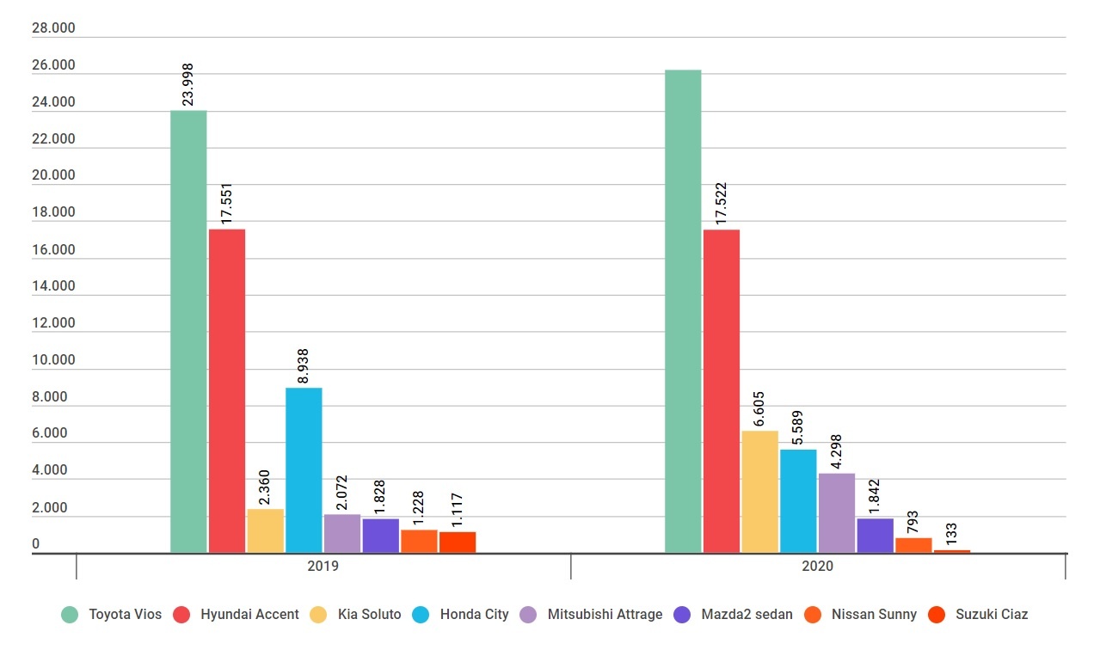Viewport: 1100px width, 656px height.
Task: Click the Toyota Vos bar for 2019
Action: click(x=188, y=331)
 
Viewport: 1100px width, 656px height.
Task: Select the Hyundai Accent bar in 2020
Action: click(x=721, y=391)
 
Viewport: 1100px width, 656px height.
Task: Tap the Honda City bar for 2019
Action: click(x=304, y=469)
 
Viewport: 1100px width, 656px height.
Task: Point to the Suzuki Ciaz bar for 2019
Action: click(x=458, y=543)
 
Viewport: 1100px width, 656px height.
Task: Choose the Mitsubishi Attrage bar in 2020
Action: click(x=837, y=513)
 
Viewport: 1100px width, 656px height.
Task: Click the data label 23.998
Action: click(x=187, y=84)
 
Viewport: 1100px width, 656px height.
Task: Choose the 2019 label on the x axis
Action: click(x=323, y=567)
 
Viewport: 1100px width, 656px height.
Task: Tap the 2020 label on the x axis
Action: click(x=817, y=567)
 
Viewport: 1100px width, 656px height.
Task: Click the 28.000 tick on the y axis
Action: click(x=53, y=28)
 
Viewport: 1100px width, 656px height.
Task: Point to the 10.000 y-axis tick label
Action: click(x=53, y=360)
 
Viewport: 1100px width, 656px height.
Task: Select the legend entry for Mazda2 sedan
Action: click(x=734, y=614)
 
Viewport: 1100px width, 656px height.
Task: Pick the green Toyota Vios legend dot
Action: click(x=70, y=614)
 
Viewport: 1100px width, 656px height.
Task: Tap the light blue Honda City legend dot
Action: click(x=421, y=614)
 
